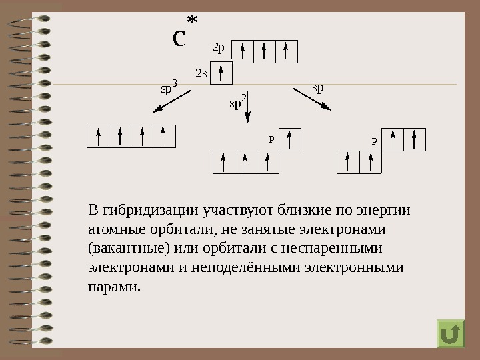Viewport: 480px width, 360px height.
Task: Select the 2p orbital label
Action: pyautogui.click(x=218, y=49)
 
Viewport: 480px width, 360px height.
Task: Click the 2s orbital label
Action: pyautogui.click(x=201, y=72)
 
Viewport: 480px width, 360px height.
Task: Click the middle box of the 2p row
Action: pyautogui.click(x=264, y=51)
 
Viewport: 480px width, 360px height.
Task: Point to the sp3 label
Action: pyautogui.click(x=169, y=87)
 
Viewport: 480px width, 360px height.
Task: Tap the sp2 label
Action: pyautogui.click(x=237, y=103)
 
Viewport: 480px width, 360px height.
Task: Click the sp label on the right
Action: pyautogui.click(x=318, y=87)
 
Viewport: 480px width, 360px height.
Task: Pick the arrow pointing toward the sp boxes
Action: pyautogui.click(x=311, y=98)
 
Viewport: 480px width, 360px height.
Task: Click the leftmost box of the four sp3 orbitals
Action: pyautogui.click(x=98, y=136)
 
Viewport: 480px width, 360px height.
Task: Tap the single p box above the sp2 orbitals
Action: pyautogui.click(x=290, y=139)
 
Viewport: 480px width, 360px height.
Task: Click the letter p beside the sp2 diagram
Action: pyautogui.click(x=271, y=140)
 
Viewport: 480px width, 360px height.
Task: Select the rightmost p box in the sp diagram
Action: pyautogui.click(x=415, y=139)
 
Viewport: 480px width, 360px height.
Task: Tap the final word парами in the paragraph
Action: pyautogui.click(x=114, y=288)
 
